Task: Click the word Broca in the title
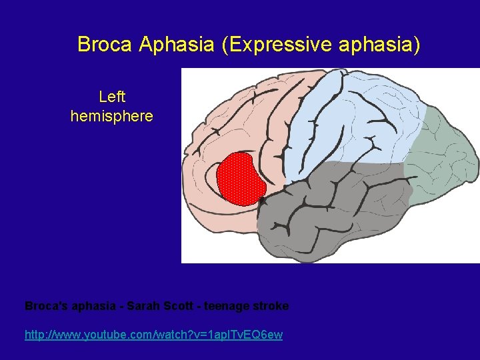105,45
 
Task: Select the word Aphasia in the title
177,45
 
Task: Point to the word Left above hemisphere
112,97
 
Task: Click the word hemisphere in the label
112,117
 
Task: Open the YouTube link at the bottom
153,335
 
